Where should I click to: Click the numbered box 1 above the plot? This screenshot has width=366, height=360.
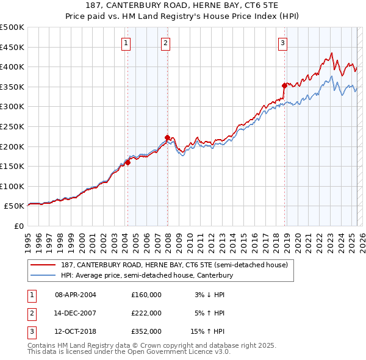[126, 43]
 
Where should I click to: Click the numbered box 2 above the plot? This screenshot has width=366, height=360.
[166, 43]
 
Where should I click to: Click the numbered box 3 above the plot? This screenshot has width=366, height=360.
[284, 43]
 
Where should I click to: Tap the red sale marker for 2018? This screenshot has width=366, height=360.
[284, 86]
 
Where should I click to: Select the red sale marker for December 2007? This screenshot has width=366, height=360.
[167, 137]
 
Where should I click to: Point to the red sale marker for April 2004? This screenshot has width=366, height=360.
[127, 162]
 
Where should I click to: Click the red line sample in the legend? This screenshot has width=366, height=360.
[43, 264]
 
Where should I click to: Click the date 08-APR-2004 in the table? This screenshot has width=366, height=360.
[76, 295]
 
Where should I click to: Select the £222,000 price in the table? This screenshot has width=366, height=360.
[146, 313]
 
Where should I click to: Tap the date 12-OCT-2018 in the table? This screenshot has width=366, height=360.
[76, 331]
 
